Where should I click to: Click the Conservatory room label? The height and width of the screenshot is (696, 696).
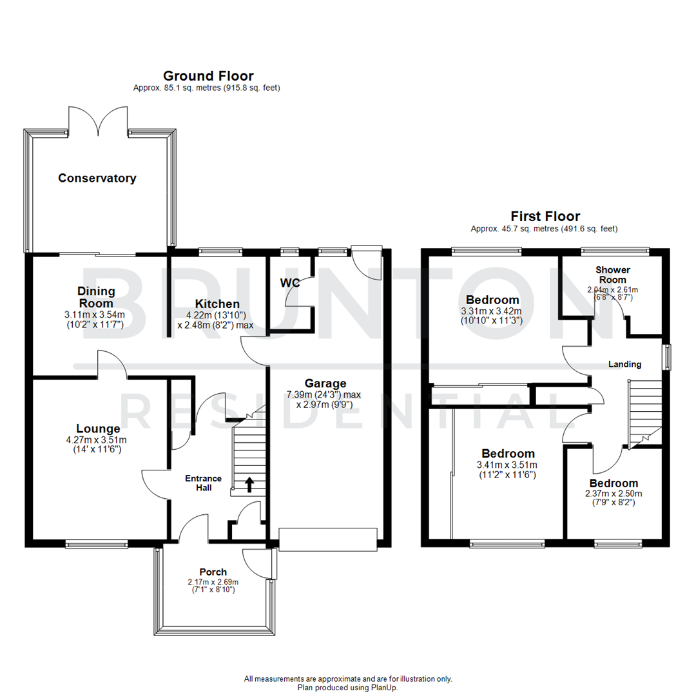pyautogui.click(x=97, y=179)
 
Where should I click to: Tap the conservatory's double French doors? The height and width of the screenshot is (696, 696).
pyautogui.click(x=98, y=121)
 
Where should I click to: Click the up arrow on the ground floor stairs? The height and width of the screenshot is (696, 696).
pyautogui.click(x=249, y=484)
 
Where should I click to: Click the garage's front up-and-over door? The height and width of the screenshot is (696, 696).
pyautogui.click(x=327, y=539)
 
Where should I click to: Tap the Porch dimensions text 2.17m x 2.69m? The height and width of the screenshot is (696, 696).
pyautogui.click(x=213, y=582)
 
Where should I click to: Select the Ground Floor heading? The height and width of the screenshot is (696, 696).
pyautogui.click(x=208, y=76)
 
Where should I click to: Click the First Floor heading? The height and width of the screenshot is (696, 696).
pyautogui.click(x=545, y=217)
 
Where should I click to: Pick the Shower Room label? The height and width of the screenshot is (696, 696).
pyautogui.click(x=612, y=274)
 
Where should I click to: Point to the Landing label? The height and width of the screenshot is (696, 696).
pyautogui.click(x=625, y=364)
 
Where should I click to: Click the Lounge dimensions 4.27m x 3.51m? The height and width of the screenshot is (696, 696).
pyautogui.click(x=98, y=441)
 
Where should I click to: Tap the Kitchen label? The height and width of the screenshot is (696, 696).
pyautogui.click(x=209, y=304)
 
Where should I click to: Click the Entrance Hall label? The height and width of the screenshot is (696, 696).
pyautogui.click(x=204, y=483)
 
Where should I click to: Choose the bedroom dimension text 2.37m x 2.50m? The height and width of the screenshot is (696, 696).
pyautogui.click(x=614, y=494)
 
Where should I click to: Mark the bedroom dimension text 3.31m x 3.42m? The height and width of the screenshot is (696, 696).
pyautogui.click(x=492, y=312)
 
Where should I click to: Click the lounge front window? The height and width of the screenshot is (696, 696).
pyautogui.click(x=96, y=545)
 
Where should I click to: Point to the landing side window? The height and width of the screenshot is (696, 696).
pyautogui.click(x=668, y=357)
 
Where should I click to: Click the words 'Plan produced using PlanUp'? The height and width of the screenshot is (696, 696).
pyautogui.click(x=348, y=688)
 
